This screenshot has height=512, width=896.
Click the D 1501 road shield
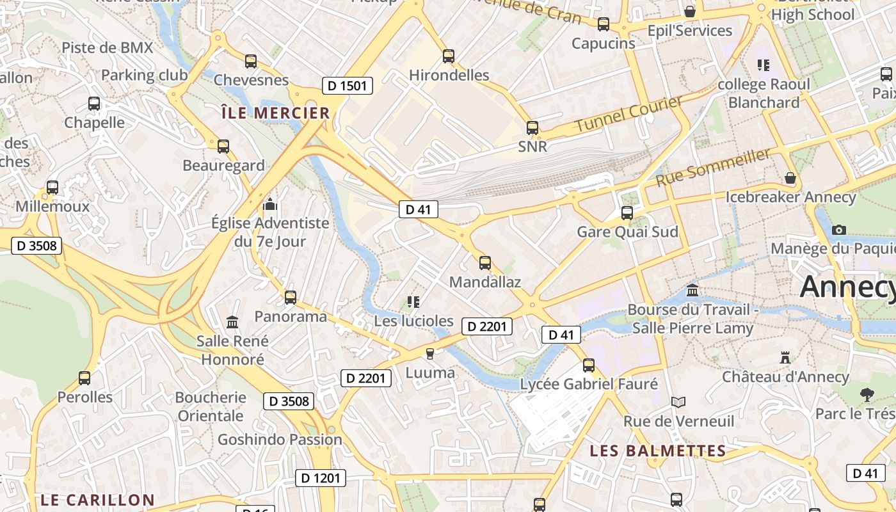click(x=347, y=86)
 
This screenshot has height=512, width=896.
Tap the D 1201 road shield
click(x=321, y=477)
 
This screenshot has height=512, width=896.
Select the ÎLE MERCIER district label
click(x=275, y=113)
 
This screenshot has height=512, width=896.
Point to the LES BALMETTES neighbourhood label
click(x=658, y=451)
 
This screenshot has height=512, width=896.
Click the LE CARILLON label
click(x=97, y=500)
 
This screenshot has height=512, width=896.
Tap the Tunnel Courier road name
click(x=628, y=115)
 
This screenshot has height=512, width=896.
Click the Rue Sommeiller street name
click(x=714, y=168)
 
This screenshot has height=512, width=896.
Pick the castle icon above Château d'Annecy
click(x=785, y=357)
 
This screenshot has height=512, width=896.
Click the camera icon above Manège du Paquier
click(x=838, y=230)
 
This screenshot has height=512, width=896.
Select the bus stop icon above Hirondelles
click(x=449, y=56)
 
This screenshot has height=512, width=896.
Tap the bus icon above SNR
click(x=532, y=127)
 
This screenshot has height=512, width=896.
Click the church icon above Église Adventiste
click(x=270, y=205)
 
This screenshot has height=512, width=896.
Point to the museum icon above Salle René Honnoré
click(x=232, y=321)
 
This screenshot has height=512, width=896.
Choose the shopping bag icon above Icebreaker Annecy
click(x=790, y=177)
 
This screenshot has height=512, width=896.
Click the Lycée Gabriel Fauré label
click(x=589, y=384)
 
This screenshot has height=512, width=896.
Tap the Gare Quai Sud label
click(x=627, y=232)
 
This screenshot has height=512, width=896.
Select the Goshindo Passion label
click(x=280, y=440)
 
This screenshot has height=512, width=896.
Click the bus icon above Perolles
click(x=84, y=378)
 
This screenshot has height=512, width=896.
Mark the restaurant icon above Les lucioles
click(x=413, y=301)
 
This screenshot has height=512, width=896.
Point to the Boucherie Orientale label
click(x=211, y=406)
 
